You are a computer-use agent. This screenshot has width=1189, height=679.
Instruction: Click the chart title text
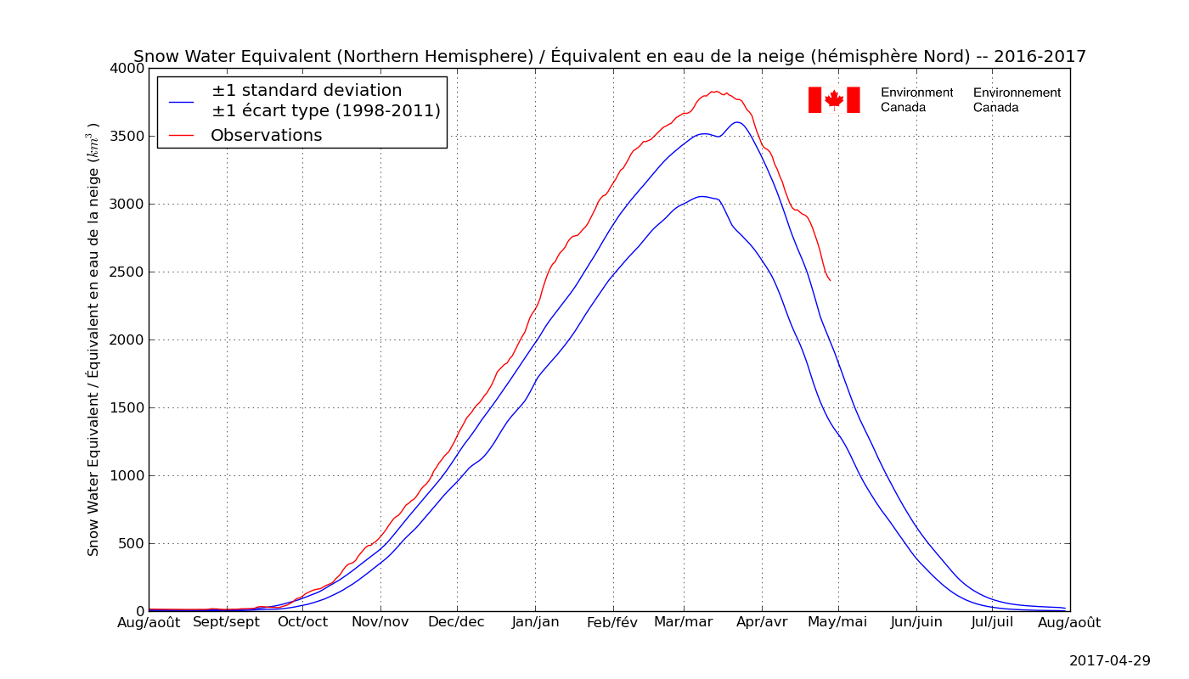(x=610, y=57)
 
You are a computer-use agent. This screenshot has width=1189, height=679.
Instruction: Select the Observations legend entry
(x=266, y=136)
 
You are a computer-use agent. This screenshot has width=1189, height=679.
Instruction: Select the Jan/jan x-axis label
(x=535, y=622)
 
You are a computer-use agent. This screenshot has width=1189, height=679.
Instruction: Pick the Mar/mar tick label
(x=684, y=622)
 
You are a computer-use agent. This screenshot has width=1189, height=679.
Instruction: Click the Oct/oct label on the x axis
(x=302, y=622)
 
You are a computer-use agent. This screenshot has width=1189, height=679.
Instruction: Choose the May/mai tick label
(x=838, y=622)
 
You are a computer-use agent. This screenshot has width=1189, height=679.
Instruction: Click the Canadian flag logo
(x=834, y=99)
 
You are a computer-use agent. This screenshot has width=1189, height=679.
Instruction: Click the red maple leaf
(x=834, y=99)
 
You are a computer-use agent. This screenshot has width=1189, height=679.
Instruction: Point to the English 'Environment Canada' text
(x=916, y=100)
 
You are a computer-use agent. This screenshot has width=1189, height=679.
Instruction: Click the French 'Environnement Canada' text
(x=1017, y=100)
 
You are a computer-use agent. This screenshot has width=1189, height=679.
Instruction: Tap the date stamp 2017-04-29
(x=1109, y=660)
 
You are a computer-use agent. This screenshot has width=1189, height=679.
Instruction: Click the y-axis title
(x=93, y=339)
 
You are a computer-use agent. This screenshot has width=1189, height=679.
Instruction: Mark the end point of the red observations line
(x=830, y=280)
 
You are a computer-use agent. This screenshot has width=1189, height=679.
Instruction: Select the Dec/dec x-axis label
(x=456, y=622)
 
